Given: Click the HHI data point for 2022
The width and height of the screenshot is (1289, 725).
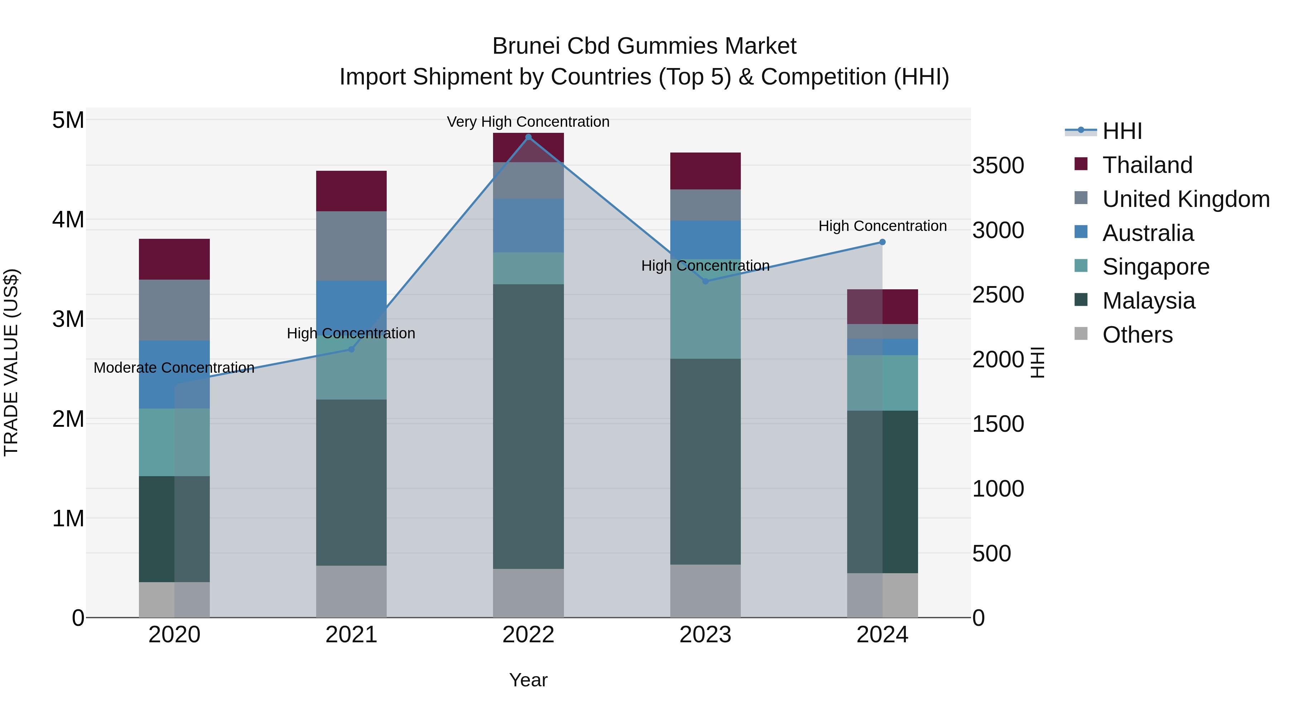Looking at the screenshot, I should (x=528, y=137).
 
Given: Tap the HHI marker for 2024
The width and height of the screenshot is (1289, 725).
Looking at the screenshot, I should (x=882, y=242).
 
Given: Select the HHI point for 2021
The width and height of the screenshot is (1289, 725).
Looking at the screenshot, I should (x=351, y=349).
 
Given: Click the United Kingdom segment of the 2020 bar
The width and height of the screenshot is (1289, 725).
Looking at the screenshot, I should (x=174, y=310).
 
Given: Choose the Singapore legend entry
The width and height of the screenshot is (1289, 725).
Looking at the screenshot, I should (x=1155, y=267).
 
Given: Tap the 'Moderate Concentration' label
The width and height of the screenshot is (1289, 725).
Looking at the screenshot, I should (x=174, y=368).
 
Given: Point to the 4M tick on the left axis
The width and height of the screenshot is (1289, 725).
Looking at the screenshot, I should (x=68, y=220).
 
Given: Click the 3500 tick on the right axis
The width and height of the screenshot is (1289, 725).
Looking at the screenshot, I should (x=998, y=166).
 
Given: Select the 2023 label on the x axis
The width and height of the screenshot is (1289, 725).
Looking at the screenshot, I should (x=705, y=635).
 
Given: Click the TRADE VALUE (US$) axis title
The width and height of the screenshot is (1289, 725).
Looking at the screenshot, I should (x=11, y=362).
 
